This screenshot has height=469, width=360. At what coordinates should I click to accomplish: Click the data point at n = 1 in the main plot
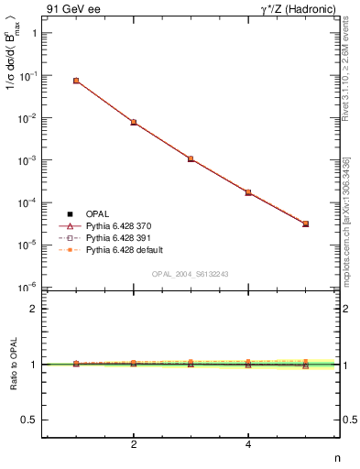point(76,81)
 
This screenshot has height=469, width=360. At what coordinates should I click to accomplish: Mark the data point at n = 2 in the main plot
point(134,122)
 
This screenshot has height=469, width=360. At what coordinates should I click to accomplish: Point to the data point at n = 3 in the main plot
point(191,158)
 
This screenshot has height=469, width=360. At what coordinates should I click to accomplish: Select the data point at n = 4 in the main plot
point(248,192)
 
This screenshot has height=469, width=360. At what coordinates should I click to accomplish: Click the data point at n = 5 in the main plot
point(306,224)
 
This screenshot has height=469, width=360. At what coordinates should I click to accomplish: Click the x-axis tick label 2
point(134,445)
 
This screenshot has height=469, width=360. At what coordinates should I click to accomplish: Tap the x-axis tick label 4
point(248,445)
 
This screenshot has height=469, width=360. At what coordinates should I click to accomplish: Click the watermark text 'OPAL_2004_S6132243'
point(191,274)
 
